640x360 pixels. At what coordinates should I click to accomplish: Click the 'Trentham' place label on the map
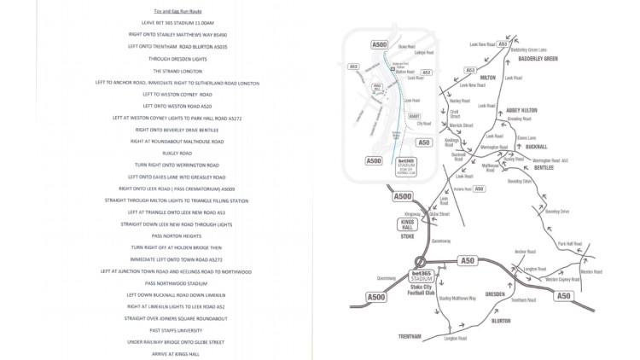tap(411, 338)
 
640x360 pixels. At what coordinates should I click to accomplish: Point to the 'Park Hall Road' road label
tap(569, 244)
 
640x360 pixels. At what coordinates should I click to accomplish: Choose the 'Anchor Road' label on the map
tap(525, 252)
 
